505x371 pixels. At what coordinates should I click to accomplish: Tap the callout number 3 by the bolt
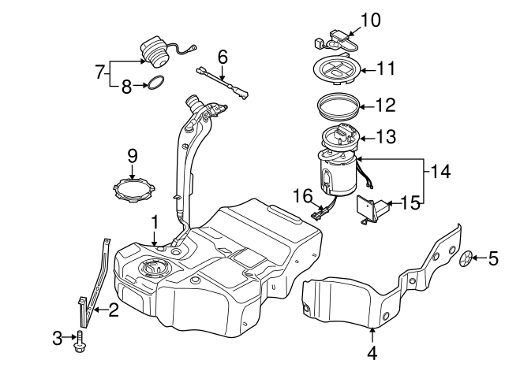click(57, 338)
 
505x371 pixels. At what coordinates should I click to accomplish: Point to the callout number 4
click(372, 353)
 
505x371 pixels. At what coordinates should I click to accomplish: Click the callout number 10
click(370, 18)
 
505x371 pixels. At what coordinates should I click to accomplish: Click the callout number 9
click(132, 156)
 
